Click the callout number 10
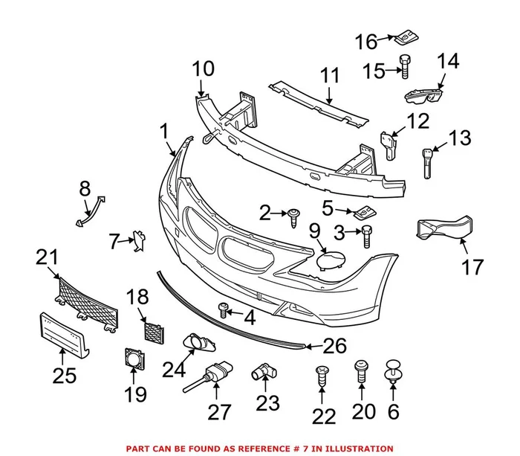point(203,70)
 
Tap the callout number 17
point(473,266)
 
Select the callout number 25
point(65,375)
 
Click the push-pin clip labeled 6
point(393,370)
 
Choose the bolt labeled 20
point(361,370)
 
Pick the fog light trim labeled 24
point(198,342)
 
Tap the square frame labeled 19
point(134,362)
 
